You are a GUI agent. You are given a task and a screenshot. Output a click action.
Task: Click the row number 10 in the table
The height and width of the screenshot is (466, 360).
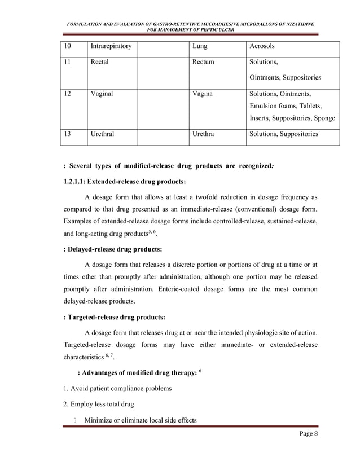point(68,46)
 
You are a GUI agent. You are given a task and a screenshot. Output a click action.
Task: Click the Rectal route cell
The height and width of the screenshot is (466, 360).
point(100,62)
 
